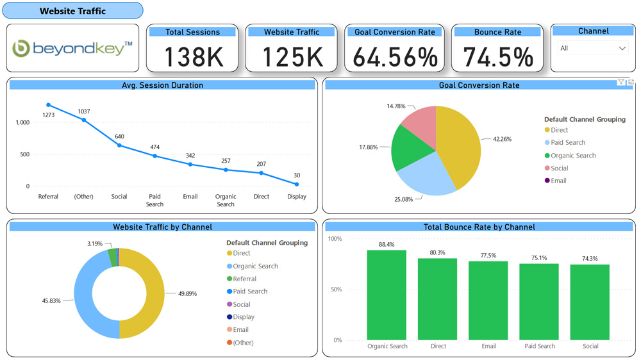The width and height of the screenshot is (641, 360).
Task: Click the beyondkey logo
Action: point(72,48)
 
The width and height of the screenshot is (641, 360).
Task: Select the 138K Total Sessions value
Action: point(193,57)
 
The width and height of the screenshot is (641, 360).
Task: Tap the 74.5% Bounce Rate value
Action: point(498,57)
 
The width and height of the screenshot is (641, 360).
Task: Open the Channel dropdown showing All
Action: point(592,48)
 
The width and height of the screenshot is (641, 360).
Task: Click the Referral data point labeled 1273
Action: point(48,105)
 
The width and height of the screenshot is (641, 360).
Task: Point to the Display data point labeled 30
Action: point(297,184)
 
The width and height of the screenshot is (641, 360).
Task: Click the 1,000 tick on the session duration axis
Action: point(22,122)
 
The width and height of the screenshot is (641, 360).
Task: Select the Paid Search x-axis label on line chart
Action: point(154,200)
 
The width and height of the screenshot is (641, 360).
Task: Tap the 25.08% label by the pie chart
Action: point(404,199)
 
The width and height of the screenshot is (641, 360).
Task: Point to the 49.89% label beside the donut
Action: point(187,293)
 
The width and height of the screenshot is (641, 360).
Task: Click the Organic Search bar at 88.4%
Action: point(387,295)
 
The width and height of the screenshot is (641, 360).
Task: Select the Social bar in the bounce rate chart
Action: point(590,302)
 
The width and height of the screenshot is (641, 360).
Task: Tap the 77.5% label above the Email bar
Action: point(488,256)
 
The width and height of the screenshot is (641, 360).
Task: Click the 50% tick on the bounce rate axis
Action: point(335,290)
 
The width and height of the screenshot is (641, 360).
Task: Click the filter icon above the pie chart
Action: point(621,82)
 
